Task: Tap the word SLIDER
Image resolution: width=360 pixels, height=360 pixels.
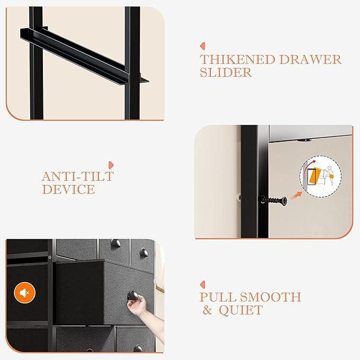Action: pos(226,73)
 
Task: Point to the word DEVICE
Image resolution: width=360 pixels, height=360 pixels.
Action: pos(68,189)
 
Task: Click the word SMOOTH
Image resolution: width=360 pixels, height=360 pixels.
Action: pos(271,297)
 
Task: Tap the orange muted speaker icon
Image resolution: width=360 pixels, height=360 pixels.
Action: pos(24,292)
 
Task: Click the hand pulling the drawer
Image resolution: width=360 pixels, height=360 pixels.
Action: pos(136,313)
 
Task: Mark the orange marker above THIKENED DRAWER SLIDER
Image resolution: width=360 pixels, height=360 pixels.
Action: pos(202,46)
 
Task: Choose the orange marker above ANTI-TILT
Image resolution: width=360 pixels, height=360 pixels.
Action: pos(111,164)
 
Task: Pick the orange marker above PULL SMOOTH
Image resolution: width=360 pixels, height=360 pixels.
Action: pos(202,284)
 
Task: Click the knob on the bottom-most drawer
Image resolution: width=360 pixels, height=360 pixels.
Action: pos(137,348)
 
